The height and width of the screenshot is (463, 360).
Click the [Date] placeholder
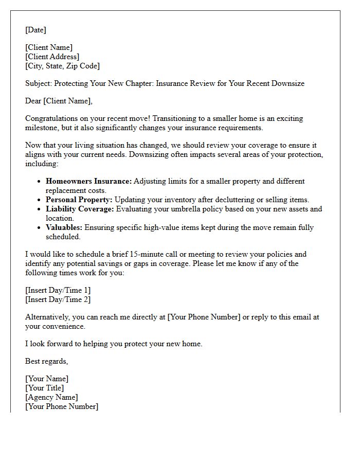(35, 30)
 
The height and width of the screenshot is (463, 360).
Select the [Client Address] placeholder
(52, 57)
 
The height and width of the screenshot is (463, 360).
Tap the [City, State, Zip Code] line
(62, 66)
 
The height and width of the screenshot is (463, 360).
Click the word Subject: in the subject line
(39, 83)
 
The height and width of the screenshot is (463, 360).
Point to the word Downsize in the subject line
(287, 83)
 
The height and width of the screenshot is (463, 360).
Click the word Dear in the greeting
(33, 101)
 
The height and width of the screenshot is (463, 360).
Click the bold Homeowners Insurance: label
(88, 181)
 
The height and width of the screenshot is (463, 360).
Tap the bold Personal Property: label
(79, 200)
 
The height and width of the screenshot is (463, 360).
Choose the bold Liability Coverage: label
(80, 209)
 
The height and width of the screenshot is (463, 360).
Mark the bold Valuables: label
(64, 227)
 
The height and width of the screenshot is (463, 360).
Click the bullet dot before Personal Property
(39, 200)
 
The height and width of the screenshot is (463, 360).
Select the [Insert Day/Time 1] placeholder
(58, 290)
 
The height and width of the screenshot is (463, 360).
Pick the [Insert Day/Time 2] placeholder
(58, 299)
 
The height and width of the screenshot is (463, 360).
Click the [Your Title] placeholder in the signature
(45, 388)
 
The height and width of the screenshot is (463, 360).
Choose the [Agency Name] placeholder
(51, 397)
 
